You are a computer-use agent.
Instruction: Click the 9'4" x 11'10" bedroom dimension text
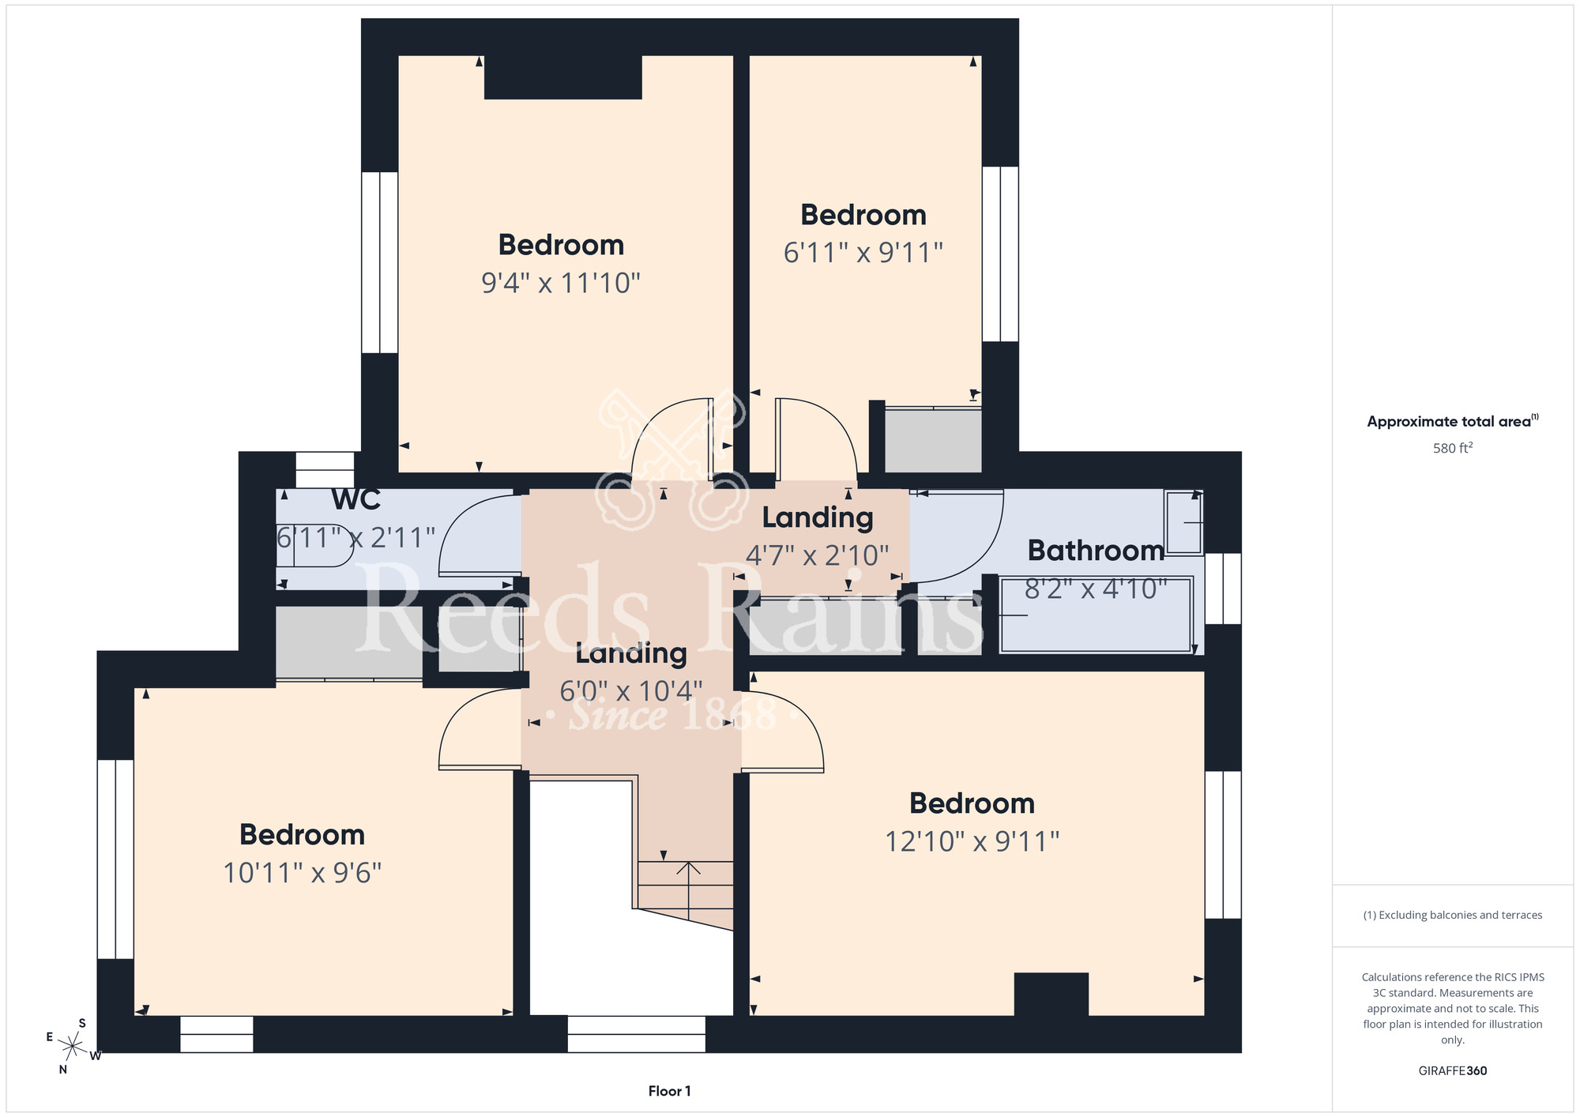[561, 282]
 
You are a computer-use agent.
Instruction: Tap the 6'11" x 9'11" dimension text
[863, 252]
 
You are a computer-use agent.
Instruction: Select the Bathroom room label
[1096, 550]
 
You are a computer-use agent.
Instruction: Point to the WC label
[356, 499]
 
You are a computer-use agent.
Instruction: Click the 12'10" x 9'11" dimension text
[972, 841]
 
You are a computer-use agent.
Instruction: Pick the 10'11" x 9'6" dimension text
[303, 873]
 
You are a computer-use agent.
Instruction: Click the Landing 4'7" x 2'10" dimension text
[818, 555]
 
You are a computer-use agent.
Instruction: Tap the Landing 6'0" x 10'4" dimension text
[630, 691]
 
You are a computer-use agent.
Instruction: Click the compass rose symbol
[73, 1047]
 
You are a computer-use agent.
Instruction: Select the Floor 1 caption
[669, 1091]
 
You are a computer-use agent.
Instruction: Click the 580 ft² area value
[1453, 448]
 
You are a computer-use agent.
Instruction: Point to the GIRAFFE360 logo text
[1453, 1071]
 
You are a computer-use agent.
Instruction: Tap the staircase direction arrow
[689, 891]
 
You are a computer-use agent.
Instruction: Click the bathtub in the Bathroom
[1096, 615]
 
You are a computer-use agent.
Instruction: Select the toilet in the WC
[315, 545]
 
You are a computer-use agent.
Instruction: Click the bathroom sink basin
[1183, 522]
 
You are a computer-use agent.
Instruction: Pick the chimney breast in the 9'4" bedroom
[562, 77]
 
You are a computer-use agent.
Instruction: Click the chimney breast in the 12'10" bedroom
[1051, 994]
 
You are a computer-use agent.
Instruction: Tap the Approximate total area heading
[1453, 421]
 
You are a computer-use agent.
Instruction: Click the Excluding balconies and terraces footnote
[1453, 915]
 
